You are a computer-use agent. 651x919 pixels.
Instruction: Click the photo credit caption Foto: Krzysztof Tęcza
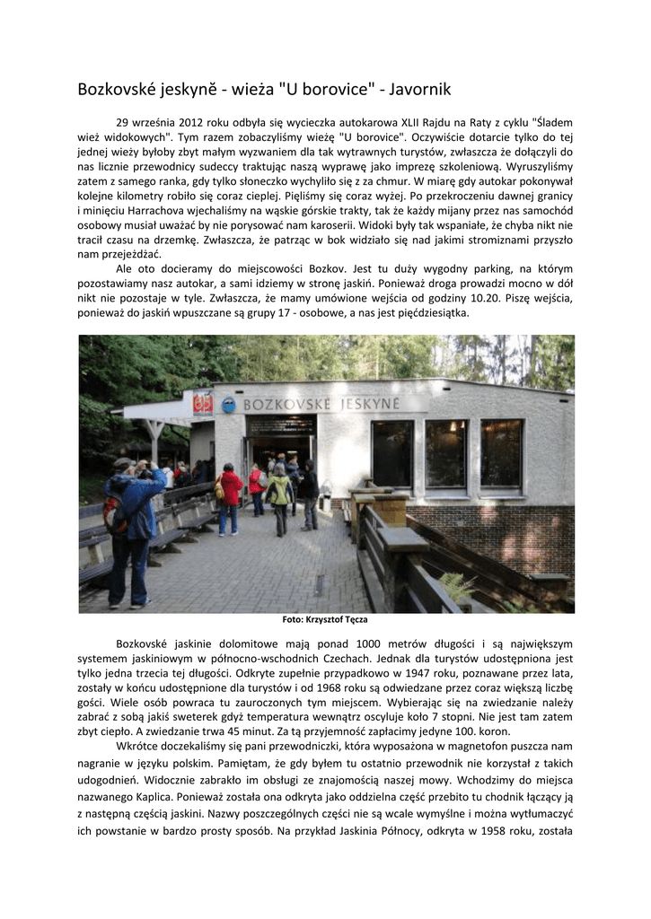(x=325, y=619)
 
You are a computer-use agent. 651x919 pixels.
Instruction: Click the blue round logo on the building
(x=230, y=405)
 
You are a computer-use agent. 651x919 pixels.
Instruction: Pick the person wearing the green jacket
(x=279, y=495)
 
